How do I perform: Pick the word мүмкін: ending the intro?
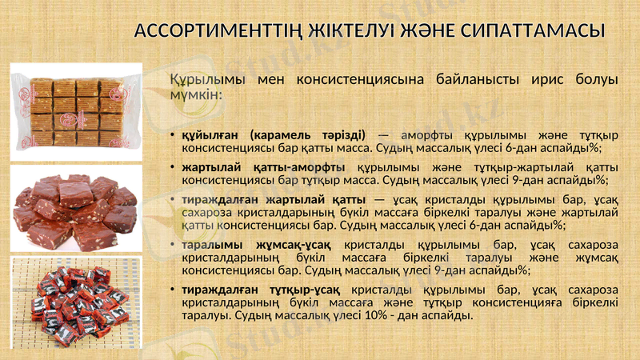[x=196, y=96]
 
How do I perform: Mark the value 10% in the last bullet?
[x=377, y=314]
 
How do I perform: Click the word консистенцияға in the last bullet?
[x=501, y=302]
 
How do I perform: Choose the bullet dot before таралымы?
[x=172, y=245]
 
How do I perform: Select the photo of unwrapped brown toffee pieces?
[x=76, y=209]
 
